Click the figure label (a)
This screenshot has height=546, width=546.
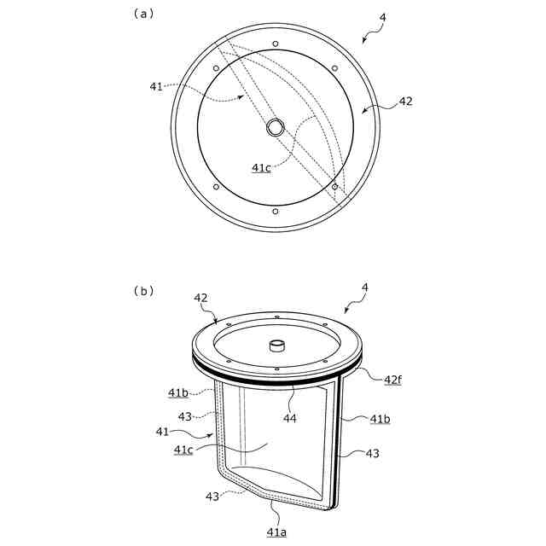(x=143, y=14)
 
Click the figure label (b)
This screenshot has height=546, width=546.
(x=143, y=291)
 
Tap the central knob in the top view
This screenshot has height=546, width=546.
(x=276, y=127)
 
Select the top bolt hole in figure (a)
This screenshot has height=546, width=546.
(x=276, y=44)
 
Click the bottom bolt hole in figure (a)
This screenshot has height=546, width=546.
(x=276, y=212)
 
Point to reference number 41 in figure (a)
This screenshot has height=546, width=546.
(x=156, y=86)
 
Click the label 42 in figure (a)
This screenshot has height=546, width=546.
(x=405, y=102)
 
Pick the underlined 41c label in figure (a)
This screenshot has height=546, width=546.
(x=261, y=168)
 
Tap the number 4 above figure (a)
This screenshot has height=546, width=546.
(x=382, y=17)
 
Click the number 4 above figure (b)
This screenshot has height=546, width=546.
(x=365, y=288)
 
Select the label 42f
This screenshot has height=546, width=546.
(x=392, y=380)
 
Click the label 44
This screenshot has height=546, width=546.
(x=290, y=418)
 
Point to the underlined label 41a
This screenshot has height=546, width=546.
(x=276, y=532)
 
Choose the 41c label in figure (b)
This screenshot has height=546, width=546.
(x=183, y=450)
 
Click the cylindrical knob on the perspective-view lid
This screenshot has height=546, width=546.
(x=277, y=346)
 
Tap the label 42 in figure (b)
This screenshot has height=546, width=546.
(x=200, y=298)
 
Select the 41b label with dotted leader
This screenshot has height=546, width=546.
(x=178, y=392)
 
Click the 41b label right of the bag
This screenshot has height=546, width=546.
(x=380, y=419)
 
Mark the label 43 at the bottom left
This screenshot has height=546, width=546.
(x=212, y=497)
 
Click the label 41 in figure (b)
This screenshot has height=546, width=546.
(x=162, y=432)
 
